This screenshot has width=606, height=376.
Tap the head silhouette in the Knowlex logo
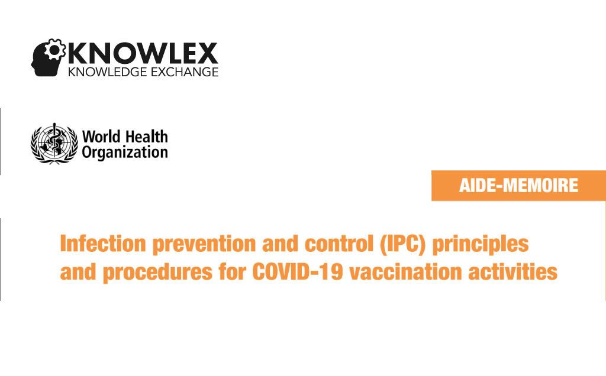(46, 60)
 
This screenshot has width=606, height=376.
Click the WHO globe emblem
(54, 144)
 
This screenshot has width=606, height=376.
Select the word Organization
(125, 153)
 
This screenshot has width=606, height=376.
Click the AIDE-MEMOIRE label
(518, 185)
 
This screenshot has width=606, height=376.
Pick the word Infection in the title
(103, 244)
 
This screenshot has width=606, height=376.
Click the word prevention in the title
(204, 245)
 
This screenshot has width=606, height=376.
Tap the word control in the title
(339, 244)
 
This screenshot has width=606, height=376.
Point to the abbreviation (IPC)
(402, 244)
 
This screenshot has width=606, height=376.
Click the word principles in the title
(481, 245)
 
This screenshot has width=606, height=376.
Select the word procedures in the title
(157, 273)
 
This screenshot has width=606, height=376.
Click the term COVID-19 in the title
(298, 272)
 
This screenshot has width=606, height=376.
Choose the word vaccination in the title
(406, 272)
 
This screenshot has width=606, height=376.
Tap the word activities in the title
(513, 272)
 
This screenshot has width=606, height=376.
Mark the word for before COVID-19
(232, 272)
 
